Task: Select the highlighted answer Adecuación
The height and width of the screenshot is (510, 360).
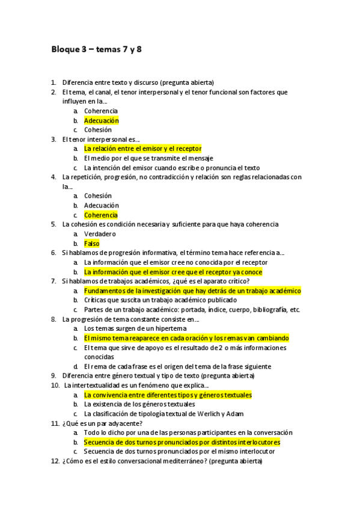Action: click(101, 120)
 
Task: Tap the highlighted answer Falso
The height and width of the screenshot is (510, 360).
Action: click(91, 244)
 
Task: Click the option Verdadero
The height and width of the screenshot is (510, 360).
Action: click(100, 234)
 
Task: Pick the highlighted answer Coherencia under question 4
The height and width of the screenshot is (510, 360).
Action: click(101, 215)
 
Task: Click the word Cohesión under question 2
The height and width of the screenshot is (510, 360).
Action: click(98, 130)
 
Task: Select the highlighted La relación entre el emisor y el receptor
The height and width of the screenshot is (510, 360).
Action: click(142, 149)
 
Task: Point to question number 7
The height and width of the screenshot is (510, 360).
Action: click(53, 281)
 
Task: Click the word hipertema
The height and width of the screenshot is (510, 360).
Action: click(170, 328)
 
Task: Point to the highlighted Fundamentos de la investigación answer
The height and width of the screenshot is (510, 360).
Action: click(192, 290)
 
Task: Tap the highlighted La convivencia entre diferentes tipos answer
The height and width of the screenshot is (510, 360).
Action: click(168, 395)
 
